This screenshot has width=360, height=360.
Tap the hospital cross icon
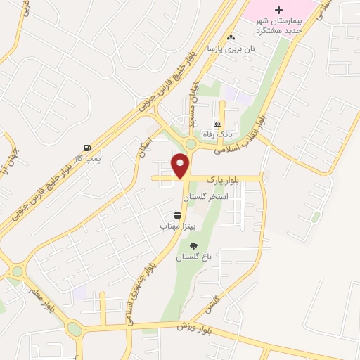[278, 10]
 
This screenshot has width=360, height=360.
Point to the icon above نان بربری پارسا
[231, 37]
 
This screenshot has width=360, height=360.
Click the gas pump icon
[88, 148]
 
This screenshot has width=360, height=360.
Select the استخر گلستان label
[207, 198]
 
